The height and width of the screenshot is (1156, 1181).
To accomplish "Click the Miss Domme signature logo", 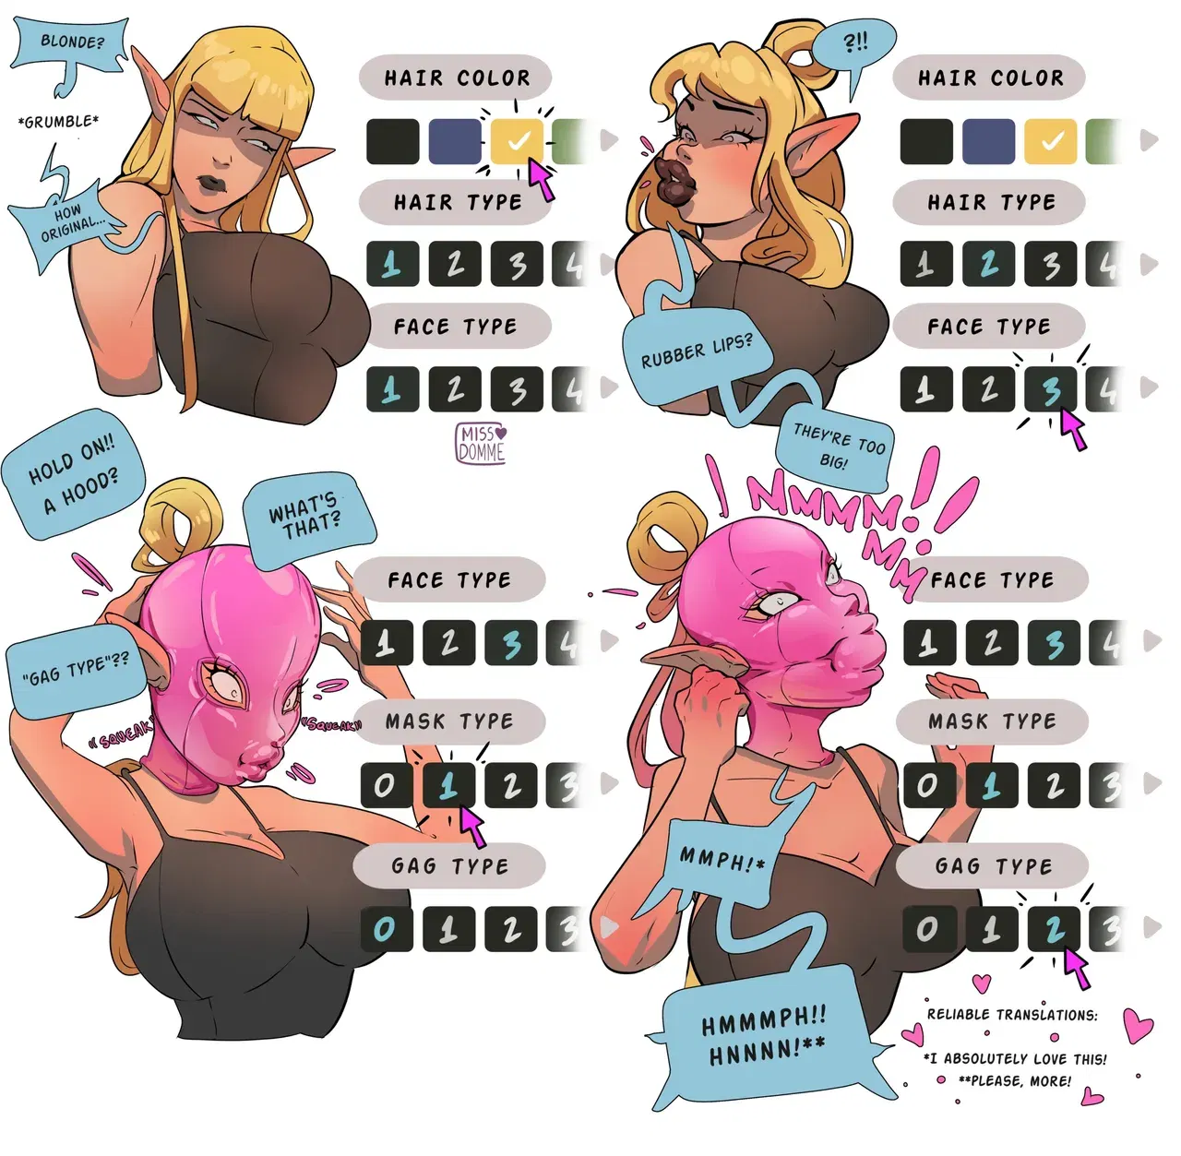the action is [481, 443].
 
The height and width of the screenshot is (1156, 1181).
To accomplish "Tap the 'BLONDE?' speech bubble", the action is [70, 43].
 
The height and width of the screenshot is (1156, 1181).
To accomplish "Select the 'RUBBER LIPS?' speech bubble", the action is [697, 352].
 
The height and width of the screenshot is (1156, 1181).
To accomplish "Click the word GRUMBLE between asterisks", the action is [58, 122].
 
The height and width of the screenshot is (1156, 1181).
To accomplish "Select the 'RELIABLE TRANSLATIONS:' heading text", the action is [1012, 1015].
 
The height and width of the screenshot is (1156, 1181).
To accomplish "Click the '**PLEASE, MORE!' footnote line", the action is [1015, 1080].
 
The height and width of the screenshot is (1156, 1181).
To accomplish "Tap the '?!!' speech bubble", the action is [855, 44].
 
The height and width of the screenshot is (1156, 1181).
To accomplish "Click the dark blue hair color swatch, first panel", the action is [455, 141].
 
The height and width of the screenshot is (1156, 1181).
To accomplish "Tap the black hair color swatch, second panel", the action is [926, 141].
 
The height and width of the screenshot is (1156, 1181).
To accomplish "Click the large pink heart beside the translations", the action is [1139, 1023].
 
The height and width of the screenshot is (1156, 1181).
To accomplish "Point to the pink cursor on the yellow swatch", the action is [543, 179].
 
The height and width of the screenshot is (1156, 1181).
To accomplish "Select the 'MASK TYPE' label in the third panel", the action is [449, 721].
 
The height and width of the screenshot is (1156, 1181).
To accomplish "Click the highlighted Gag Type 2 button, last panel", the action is [1054, 929].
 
